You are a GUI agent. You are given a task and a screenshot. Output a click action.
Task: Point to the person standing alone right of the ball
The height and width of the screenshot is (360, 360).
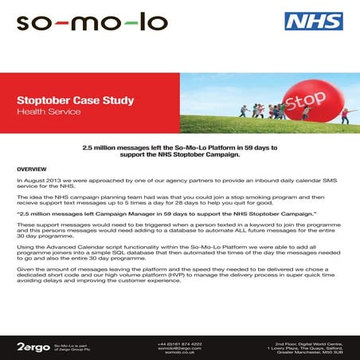pyautogui.click(x=345, y=115)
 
